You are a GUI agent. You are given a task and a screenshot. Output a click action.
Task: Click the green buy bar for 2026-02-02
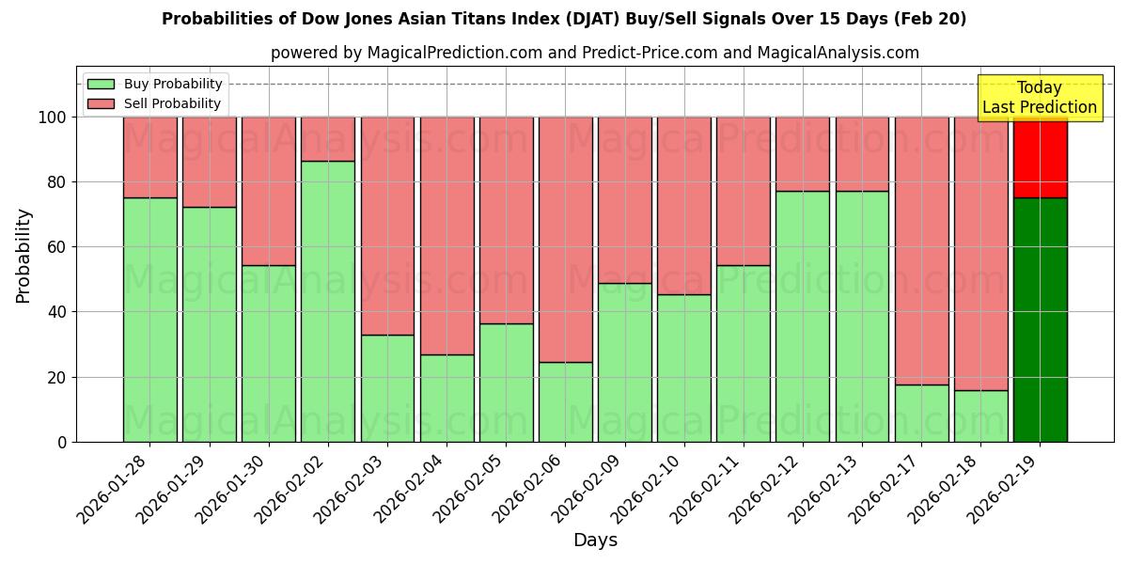click(x=328, y=301)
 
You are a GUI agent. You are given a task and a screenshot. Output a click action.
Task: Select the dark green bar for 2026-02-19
click(x=1040, y=320)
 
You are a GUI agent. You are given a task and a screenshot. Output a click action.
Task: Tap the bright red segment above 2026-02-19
click(x=1040, y=157)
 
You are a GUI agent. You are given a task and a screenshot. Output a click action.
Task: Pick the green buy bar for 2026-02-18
click(x=980, y=415)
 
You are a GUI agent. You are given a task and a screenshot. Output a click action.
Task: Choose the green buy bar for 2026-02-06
click(x=565, y=401)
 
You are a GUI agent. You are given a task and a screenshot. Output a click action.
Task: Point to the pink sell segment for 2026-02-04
click(x=446, y=235)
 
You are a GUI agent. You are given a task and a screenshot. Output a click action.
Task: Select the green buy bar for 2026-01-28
click(x=149, y=320)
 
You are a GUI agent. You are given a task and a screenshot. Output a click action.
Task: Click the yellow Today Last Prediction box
click(x=1039, y=98)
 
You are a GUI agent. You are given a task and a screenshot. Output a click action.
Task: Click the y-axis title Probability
click(x=23, y=255)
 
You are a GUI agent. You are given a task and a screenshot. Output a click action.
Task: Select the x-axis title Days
click(x=595, y=540)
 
